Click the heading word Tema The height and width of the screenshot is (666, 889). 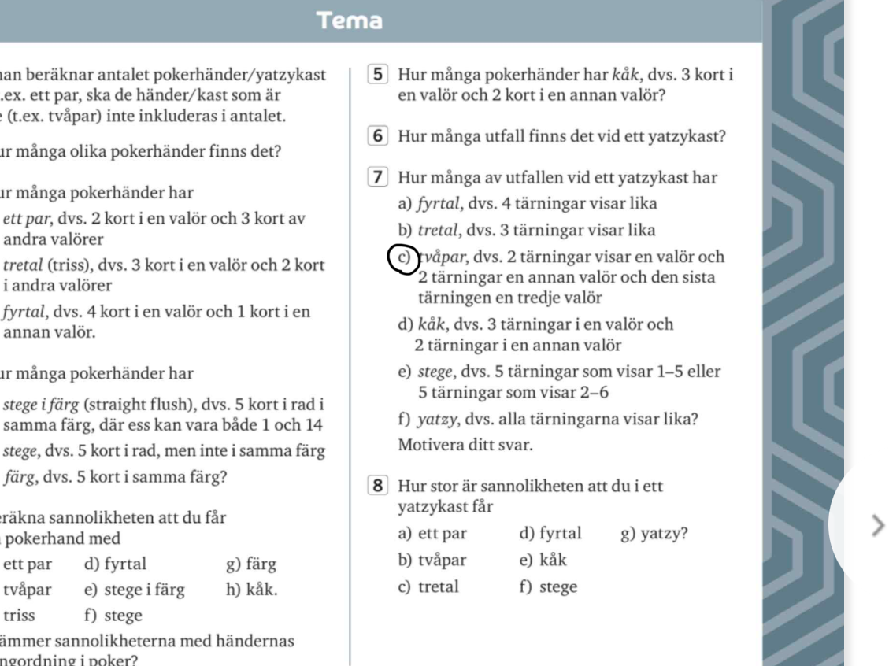349,20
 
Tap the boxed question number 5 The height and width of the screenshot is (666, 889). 379,76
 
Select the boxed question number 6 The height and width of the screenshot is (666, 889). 379,135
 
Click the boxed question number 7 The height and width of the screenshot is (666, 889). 379,178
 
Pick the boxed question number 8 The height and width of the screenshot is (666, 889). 379,487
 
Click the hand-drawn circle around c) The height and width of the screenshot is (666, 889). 404,259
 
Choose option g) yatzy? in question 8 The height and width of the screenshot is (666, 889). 654,534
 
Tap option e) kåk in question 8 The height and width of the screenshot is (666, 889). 543,560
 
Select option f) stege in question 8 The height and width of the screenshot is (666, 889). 548,586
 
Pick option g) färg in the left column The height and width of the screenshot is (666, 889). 250,564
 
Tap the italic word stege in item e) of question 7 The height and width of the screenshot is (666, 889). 433,372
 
